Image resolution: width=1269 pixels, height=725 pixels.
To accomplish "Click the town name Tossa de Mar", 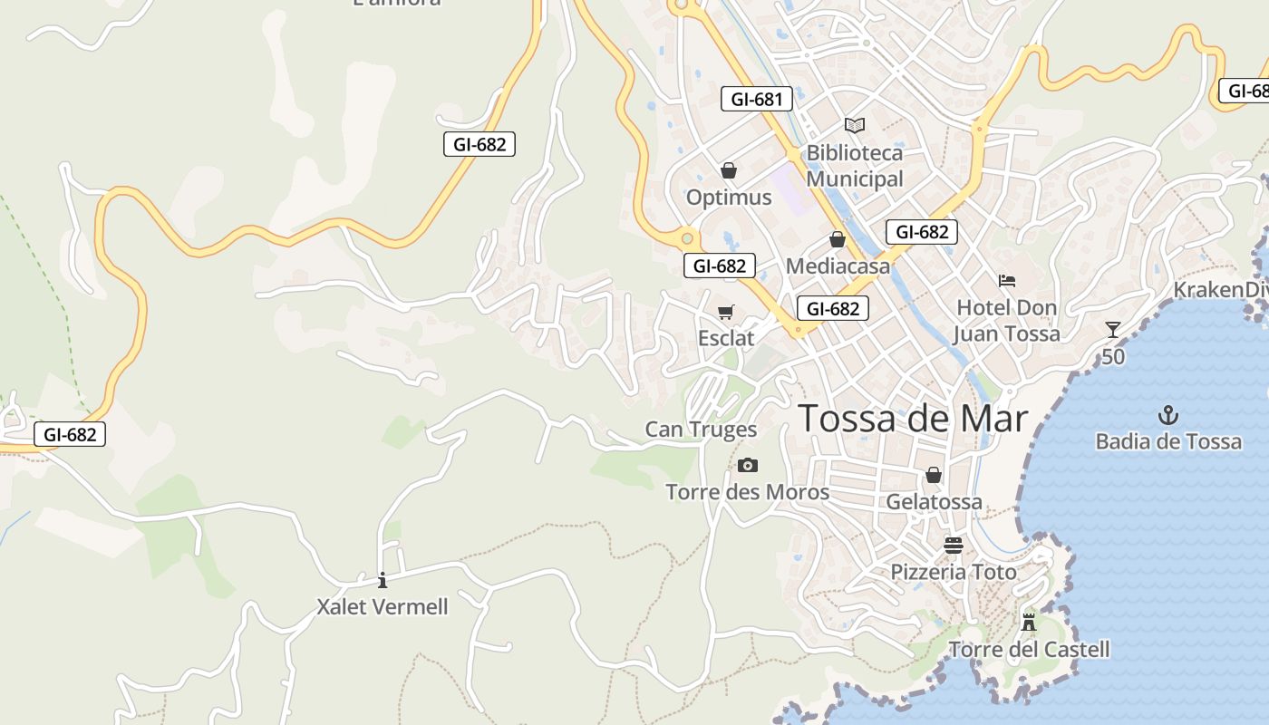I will click(913, 419).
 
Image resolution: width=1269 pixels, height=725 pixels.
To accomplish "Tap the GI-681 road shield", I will click(756, 99).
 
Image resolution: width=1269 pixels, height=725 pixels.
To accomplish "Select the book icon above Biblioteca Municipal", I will click(854, 125).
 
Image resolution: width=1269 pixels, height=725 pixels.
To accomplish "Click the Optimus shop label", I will click(729, 197).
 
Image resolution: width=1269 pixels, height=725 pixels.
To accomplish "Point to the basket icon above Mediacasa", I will click(838, 240).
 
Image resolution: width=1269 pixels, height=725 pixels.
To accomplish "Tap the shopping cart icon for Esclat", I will click(725, 313).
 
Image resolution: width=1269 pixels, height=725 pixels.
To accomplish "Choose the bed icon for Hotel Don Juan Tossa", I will click(1006, 281).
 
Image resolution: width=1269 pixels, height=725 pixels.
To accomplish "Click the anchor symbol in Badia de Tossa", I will click(1168, 416).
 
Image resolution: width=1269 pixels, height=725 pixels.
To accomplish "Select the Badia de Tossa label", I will click(1168, 441).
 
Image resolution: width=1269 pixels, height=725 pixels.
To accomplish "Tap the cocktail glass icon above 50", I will click(1113, 330).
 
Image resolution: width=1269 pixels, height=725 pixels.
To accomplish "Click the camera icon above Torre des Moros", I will click(747, 466).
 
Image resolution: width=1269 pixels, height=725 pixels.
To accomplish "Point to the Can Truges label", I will click(701, 429).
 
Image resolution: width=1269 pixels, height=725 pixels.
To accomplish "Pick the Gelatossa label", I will click(934, 501).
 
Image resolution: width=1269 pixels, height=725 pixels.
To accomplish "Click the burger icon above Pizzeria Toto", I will click(953, 545).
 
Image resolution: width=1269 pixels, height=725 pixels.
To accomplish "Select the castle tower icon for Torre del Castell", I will click(1028, 623).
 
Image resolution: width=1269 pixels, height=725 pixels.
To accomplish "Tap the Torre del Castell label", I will click(1029, 649).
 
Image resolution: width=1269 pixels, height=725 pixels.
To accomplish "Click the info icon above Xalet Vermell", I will click(383, 580).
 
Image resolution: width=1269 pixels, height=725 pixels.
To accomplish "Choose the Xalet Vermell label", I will click(383, 606).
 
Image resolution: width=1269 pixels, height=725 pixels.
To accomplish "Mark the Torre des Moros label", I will click(747, 492).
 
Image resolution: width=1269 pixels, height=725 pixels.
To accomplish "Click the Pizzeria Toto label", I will click(954, 572).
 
